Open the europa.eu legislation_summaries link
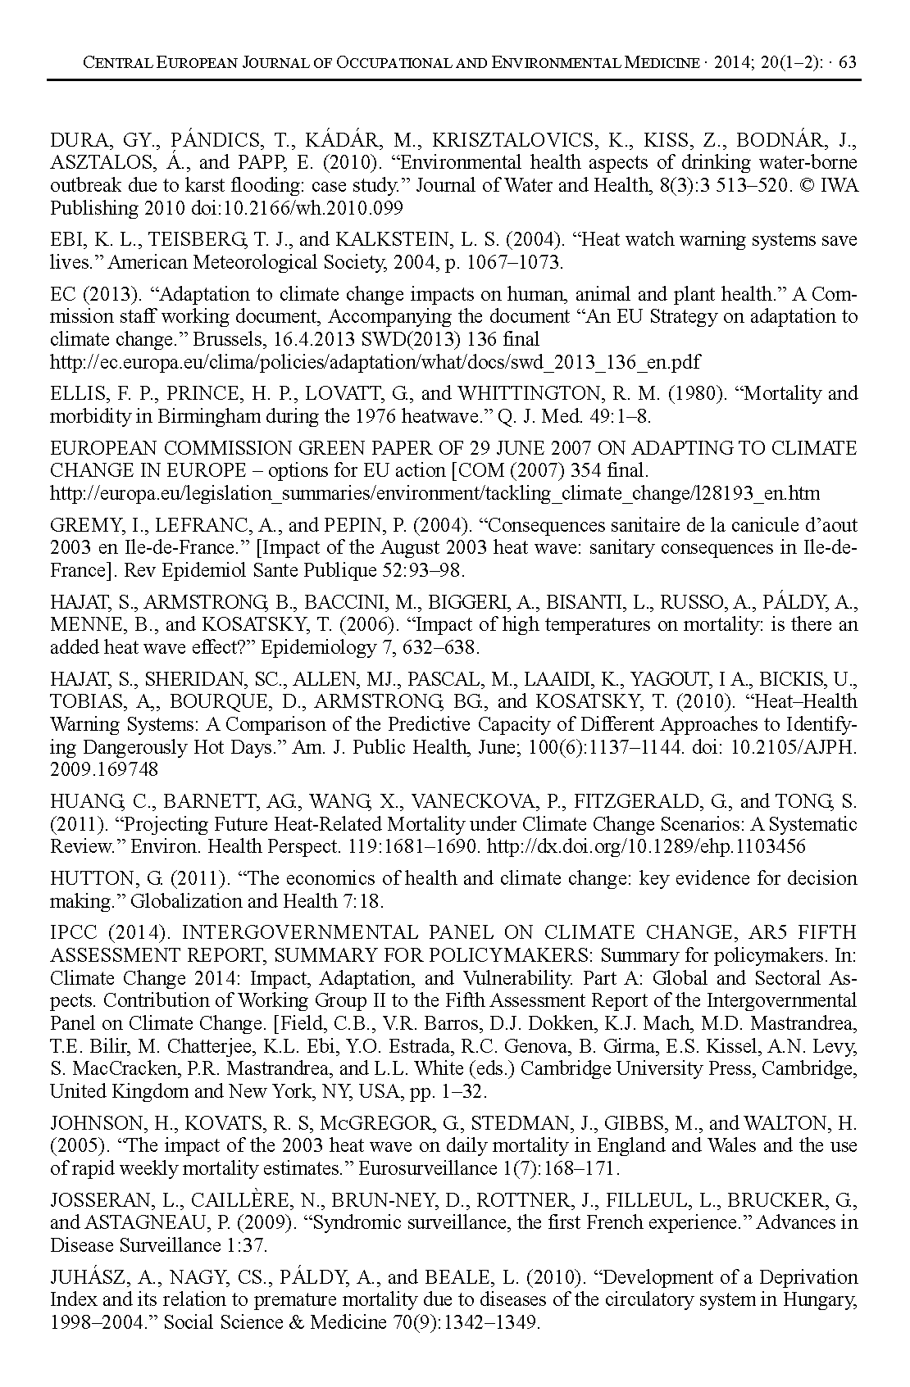pos(435,493)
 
